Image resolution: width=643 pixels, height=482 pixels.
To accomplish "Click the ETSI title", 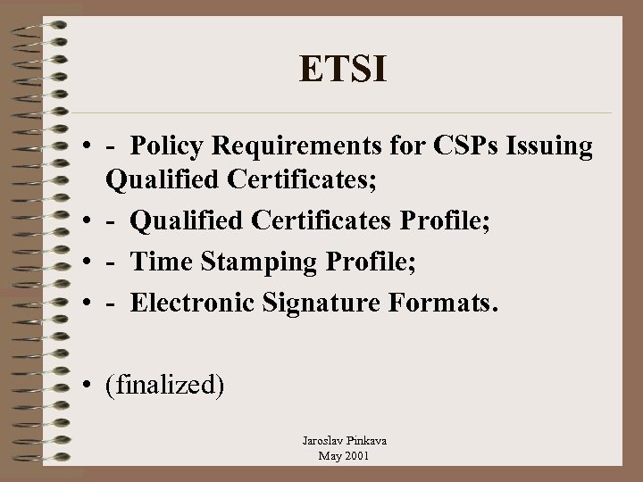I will coord(343,69).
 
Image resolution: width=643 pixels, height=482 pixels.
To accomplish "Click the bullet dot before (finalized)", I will coord(92,386).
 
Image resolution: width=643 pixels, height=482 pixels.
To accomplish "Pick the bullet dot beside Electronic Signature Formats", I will coord(92,303).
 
